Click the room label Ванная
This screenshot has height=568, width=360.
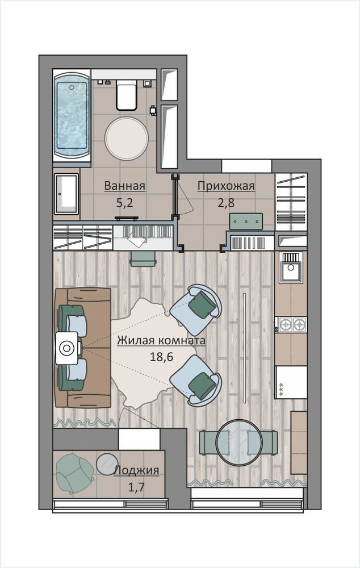(124, 186)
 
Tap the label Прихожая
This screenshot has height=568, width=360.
(226, 186)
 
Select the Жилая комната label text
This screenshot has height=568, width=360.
(161, 340)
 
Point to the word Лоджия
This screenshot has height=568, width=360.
(136, 470)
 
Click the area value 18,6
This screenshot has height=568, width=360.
(161, 357)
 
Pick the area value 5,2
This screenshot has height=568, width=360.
(124, 203)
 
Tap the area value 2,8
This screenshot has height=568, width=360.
(226, 203)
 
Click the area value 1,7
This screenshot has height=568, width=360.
(136, 487)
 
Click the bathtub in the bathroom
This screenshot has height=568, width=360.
(72, 115)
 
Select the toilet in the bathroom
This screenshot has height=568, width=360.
(127, 96)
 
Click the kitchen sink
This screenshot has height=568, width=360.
(290, 268)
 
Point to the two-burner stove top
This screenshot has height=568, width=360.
(291, 324)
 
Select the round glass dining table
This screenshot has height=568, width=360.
(238, 442)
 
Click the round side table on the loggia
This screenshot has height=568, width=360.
(107, 464)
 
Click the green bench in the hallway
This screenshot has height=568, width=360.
(246, 222)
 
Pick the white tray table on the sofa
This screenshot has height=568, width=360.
(68, 348)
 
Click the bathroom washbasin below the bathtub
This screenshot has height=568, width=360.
(66, 194)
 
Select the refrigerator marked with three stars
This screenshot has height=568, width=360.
(291, 382)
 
